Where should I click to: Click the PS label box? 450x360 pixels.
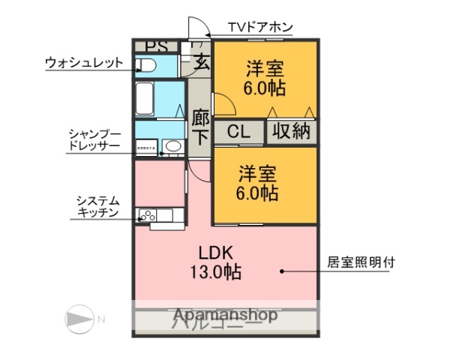[157, 46]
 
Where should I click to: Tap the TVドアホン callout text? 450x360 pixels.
[260, 28]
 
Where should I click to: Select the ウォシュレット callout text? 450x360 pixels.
[83, 62]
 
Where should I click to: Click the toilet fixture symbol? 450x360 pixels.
[147, 66]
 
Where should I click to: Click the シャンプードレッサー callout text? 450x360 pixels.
[94, 140]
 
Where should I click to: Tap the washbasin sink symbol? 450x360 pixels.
[172, 147]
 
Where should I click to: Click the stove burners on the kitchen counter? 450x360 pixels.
[147, 216]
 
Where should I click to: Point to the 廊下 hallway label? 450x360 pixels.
[200, 127]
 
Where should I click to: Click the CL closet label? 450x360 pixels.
[238, 131]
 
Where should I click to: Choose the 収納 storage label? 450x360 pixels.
[290, 131]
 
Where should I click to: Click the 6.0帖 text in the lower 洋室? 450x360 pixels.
[258, 193]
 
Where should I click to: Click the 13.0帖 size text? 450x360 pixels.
[215, 272]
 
